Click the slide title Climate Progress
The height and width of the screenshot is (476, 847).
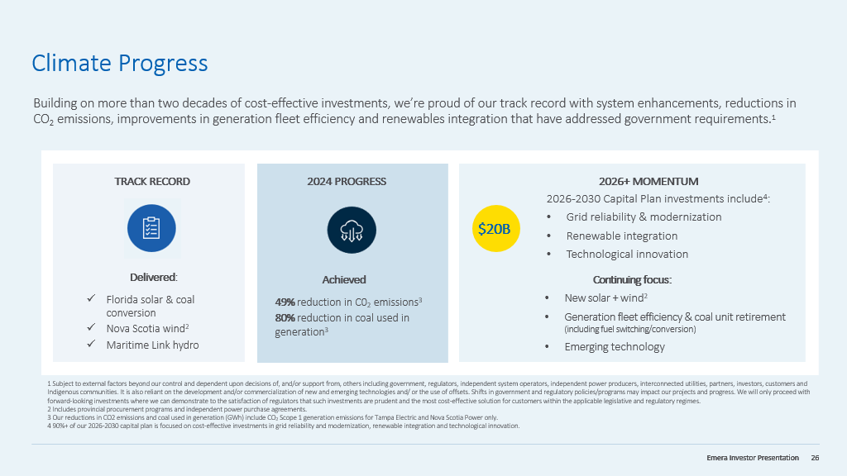[119, 63]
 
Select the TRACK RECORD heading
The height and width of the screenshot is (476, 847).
[152, 182]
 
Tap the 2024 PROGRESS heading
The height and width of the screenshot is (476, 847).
[347, 182]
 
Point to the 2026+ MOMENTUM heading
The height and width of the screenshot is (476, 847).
[648, 182]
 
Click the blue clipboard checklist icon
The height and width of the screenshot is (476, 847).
[151, 228]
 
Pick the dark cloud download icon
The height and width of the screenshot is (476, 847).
[352, 230]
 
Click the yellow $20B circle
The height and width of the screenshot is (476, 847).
[494, 229]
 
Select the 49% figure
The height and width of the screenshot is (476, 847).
[285, 302]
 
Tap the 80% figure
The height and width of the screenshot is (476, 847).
[285, 317]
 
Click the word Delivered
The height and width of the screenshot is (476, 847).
[153, 277]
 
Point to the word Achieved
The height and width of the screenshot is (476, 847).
[344, 279]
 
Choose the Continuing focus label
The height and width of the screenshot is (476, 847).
[632, 279]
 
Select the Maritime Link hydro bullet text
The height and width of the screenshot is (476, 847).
[152, 345]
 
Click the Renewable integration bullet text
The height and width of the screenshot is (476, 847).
[621, 236]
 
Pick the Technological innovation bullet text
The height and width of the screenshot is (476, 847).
[627, 254]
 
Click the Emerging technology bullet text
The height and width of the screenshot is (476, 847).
[615, 346]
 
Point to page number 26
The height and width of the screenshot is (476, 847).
[815, 458]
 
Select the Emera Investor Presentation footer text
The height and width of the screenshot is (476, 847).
[753, 458]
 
